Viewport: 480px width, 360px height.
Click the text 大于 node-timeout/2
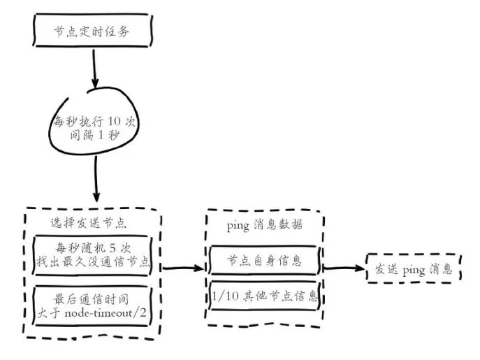tap(98, 311)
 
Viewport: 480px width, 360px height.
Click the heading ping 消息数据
tap(266, 225)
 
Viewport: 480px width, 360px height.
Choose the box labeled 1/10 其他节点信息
tap(265, 296)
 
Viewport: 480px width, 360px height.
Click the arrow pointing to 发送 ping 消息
tap(345, 268)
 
